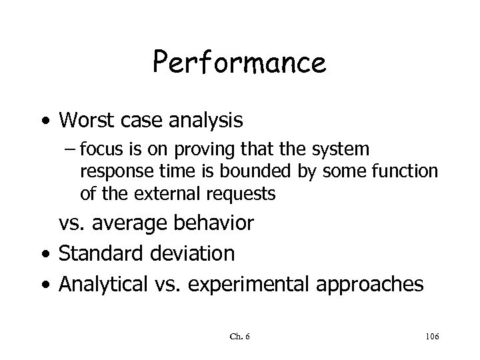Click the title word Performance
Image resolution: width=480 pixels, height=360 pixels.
(x=239, y=63)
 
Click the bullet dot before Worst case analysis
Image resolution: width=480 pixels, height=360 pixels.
(x=45, y=121)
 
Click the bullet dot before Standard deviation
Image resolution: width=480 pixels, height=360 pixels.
(x=45, y=254)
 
